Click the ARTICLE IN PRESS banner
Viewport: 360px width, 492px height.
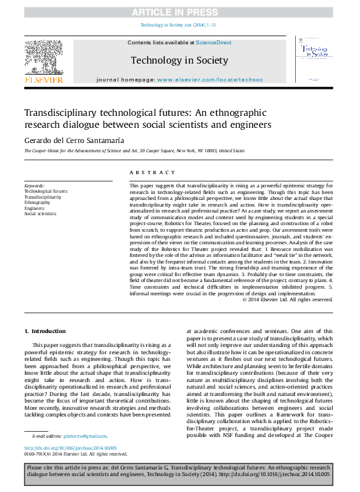179,12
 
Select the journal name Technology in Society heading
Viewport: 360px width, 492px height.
179,60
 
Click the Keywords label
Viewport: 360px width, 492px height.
34,186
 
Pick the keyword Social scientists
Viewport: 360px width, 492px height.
40,214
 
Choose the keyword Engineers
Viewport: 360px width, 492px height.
34,208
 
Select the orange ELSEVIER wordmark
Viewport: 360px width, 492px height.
44,79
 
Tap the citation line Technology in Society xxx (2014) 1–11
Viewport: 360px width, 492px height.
179,26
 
